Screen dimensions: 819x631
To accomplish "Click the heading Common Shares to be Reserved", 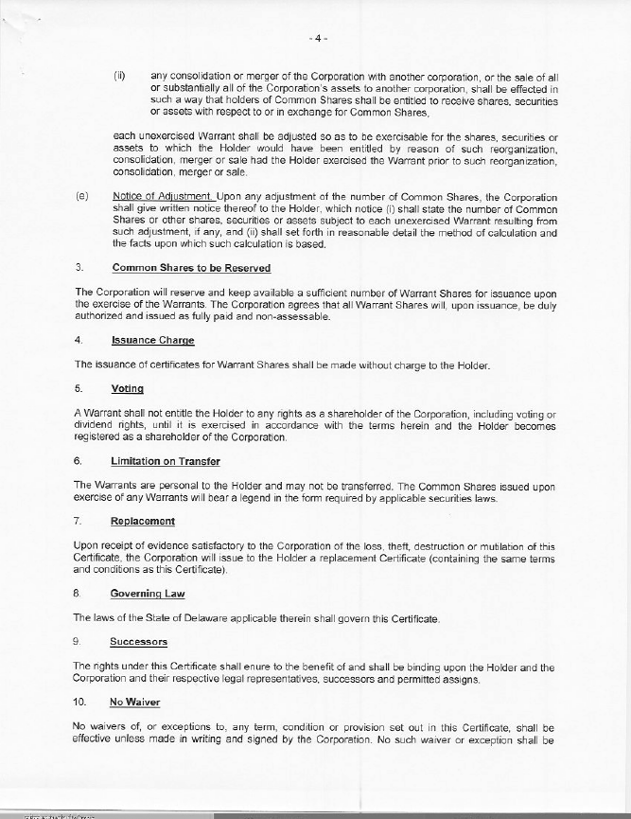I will pos(190,267).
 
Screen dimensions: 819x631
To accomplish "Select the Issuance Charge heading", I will pos(152,340).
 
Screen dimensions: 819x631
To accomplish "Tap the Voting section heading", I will pos(127,388).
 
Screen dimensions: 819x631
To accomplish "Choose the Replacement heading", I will pos(142,522).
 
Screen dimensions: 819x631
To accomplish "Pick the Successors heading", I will pos(139,642).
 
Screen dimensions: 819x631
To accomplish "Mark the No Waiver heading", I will pos(134,703).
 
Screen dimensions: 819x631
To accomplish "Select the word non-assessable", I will pos(299,316).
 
